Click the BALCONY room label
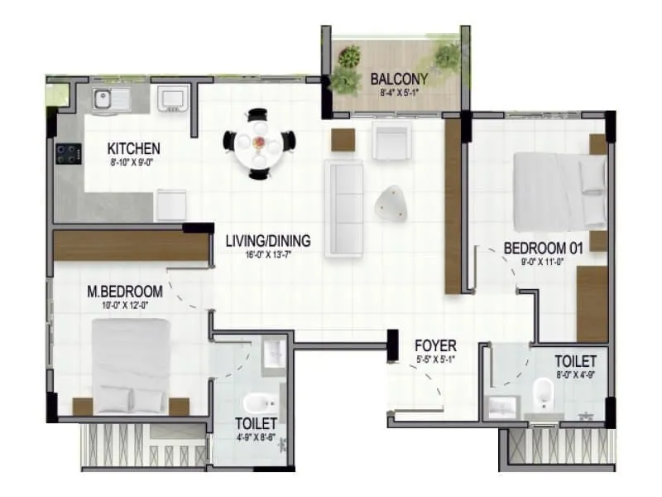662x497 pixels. tap(399, 79)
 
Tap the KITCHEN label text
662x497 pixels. tap(133, 149)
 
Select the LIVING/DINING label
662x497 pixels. tap(268, 241)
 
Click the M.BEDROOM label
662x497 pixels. tap(125, 292)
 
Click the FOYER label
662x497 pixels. tap(436, 345)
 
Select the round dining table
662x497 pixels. tap(259, 144)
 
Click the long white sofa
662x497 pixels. tap(343, 206)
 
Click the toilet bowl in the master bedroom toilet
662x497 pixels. tap(257, 405)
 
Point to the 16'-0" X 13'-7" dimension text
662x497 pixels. tap(267, 255)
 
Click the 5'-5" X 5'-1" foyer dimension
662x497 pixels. tap(436, 359)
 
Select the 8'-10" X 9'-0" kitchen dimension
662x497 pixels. tap(133, 162)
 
